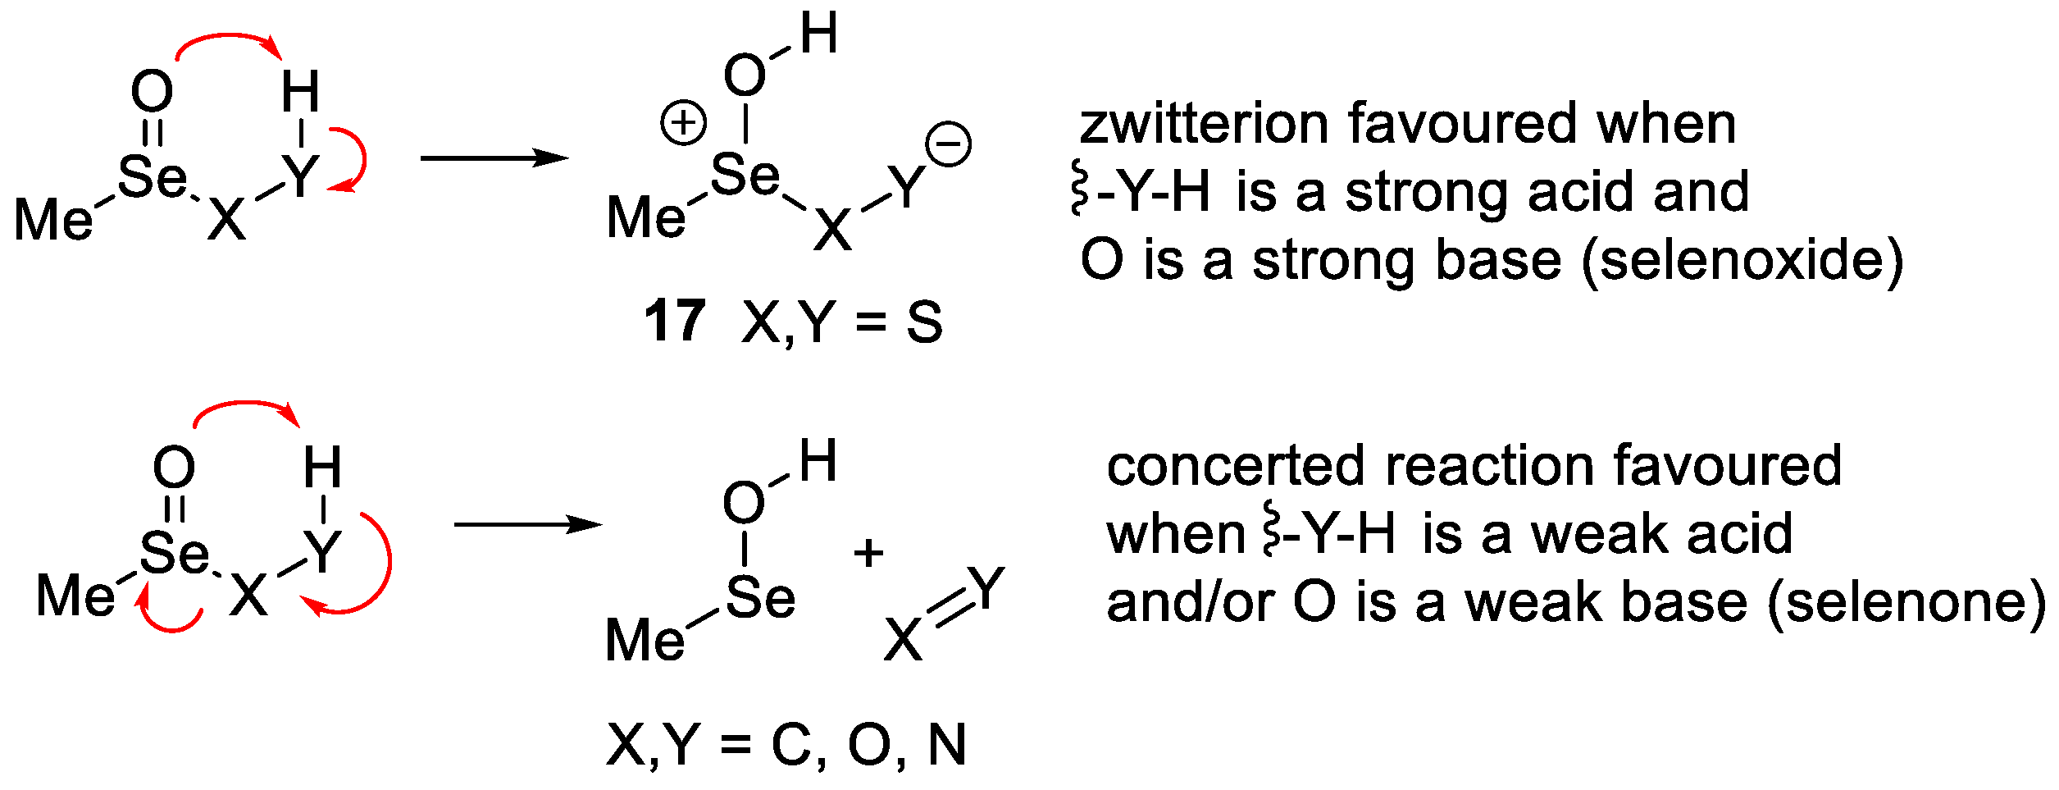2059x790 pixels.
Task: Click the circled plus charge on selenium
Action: click(683, 124)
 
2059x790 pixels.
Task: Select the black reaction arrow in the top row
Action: click(494, 158)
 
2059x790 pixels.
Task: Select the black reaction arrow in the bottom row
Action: click(527, 524)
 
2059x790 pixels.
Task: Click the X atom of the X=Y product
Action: click(903, 640)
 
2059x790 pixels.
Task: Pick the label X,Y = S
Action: click(842, 322)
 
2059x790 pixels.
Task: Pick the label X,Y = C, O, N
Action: click(786, 745)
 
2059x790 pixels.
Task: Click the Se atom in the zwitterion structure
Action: click(744, 176)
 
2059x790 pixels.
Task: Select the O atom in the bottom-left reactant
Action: click(174, 468)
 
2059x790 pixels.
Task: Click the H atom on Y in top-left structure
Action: click(300, 92)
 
